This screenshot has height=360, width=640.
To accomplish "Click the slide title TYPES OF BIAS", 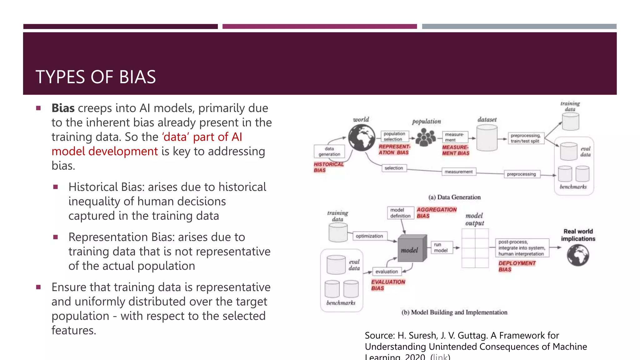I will click(96, 77).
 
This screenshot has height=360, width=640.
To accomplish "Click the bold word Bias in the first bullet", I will click(63, 108).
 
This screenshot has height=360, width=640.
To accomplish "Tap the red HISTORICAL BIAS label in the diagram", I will click(328, 167).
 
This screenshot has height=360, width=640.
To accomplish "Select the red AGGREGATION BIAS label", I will click(436, 212).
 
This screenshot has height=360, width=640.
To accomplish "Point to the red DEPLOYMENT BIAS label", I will click(517, 266).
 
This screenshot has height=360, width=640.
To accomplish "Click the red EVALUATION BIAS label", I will click(388, 285).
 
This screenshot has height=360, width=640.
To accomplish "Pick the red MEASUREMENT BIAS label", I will click(455, 150).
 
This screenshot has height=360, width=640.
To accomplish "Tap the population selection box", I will click(394, 136).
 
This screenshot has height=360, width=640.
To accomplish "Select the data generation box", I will click(329, 151).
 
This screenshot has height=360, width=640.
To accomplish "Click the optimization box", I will click(369, 236).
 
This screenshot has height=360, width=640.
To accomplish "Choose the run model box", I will click(441, 247).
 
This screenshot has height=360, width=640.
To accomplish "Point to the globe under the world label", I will click(362, 137).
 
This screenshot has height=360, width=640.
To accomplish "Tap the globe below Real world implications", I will click(578, 255).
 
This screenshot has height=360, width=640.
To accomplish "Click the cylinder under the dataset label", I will click(487, 138).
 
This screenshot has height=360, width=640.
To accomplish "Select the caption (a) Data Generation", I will click(454, 197).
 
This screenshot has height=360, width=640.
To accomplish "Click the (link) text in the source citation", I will click(440, 357).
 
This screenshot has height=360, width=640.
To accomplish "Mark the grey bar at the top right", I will click(519, 27).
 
